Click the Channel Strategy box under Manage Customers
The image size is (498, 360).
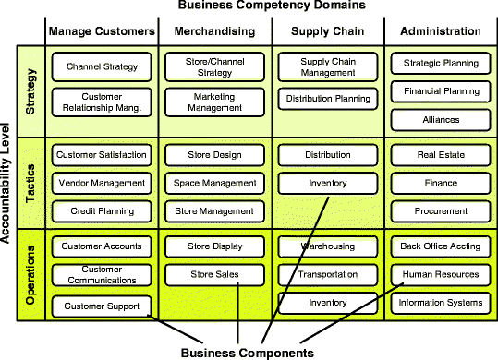click(x=102, y=66)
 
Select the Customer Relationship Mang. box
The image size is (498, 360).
click(x=102, y=100)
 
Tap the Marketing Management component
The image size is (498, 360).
click(x=214, y=100)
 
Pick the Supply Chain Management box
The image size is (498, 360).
click(x=328, y=66)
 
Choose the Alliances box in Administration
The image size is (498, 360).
click(x=441, y=119)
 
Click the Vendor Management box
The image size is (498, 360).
click(x=102, y=183)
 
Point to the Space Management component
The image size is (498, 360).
click(x=214, y=183)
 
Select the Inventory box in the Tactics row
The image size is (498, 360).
click(x=328, y=183)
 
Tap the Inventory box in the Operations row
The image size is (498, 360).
click(x=328, y=302)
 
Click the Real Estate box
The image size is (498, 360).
click(x=441, y=155)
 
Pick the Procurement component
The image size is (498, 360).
click(x=441, y=211)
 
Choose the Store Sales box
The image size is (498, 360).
click(x=214, y=274)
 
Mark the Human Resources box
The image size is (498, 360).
click(x=441, y=274)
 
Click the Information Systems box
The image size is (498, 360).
click(x=441, y=302)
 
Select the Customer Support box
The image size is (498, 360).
click(x=102, y=306)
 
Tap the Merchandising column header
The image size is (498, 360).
click(x=214, y=31)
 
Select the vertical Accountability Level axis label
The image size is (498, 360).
click(x=7, y=185)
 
